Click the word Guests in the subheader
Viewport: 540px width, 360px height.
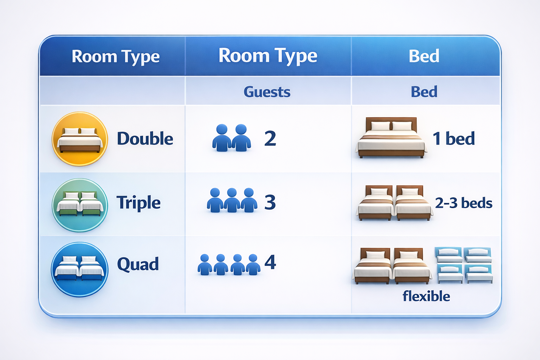click(267, 92)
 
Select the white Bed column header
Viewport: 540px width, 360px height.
click(424, 56)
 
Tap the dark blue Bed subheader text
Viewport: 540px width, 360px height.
click(424, 92)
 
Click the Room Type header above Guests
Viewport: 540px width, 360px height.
click(268, 56)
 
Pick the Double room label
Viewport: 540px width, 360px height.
click(145, 139)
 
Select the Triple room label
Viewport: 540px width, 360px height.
click(139, 203)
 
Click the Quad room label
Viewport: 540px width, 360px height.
click(138, 264)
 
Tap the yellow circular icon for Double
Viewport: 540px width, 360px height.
click(80, 139)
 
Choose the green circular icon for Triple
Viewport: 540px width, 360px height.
click(80, 205)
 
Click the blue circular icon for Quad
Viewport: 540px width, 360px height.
click(80, 269)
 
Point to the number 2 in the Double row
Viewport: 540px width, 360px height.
click(270, 139)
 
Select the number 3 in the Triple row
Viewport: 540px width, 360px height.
click(270, 202)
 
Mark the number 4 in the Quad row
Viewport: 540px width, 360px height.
click(270, 262)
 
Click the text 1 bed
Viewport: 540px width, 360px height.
click(454, 139)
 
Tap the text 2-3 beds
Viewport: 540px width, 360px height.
click(463, 203)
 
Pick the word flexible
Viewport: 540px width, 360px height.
click(426, 296)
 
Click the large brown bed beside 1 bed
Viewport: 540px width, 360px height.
click(391, 138)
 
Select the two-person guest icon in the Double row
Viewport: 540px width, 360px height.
click(231, 138)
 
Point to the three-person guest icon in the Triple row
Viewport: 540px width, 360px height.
click(232, 200)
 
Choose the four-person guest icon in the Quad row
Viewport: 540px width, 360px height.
click(229, 264)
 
